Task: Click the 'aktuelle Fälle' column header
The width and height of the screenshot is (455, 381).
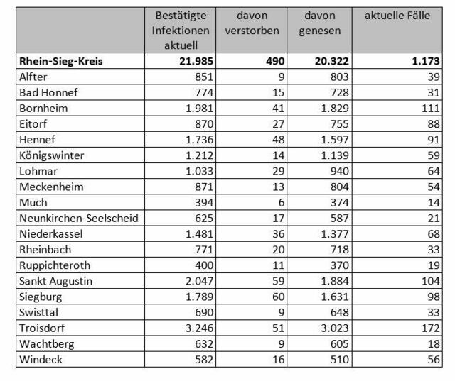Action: pyautogui.click(x=397, y=16)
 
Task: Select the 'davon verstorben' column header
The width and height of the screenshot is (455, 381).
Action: pyautogui.click(x=252, y=23)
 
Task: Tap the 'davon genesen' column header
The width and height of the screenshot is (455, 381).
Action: pyautogui.click(x=320, y=23)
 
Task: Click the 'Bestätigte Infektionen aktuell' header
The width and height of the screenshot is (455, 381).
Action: pyautogui.click(x=181, y=31)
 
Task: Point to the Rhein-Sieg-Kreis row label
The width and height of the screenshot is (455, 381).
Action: pyautogui.click(x=61, y=62)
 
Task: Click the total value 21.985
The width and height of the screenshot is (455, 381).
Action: pyautogui.click(x=196, y=62)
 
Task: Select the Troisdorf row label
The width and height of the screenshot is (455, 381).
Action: pyautogui.click(x=42, y=328)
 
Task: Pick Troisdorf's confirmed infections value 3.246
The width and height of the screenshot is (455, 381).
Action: pyautogui.click(x=199, y=328)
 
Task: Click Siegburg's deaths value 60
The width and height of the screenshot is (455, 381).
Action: pyautogui.click(x=278, y=297)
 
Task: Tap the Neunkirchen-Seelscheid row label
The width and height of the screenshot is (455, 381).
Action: pyautogui.click(x=79, y=219)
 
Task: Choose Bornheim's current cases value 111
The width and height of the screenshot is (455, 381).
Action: pyautogui.click(x=431, y=109)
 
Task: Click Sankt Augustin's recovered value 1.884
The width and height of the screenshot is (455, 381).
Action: pyautogui.click(x=335, y=281)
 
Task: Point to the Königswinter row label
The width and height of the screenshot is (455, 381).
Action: pyautogui.click(x=52, y=155)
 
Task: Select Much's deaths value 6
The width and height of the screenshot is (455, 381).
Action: pyautogui.click(x=282, y=203)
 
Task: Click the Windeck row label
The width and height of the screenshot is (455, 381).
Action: pyautogui.click(x=41, y=360)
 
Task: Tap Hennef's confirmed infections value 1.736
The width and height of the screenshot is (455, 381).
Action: pyautogui.click(x=199, y=140)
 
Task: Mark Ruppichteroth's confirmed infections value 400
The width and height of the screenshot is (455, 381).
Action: pyautogui.click(x=204, y=265)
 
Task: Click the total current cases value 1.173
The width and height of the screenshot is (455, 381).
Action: pyautogui.click(x=426, y=62)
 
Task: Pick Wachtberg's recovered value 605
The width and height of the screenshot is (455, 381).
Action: pyautogui.click(x=340, y=344)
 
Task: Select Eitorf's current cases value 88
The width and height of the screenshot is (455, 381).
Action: pyautogui.click(x=434, y=124)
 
